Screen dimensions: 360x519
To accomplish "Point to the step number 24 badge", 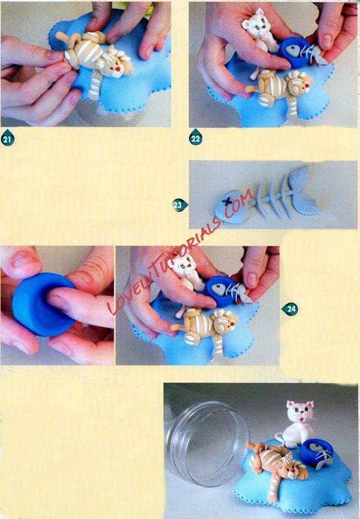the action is (x=290, y=309).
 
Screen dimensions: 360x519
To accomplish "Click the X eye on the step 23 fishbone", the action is (x=227, y=202).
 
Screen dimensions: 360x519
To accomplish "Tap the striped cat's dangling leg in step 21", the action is (x=95, y=85).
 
